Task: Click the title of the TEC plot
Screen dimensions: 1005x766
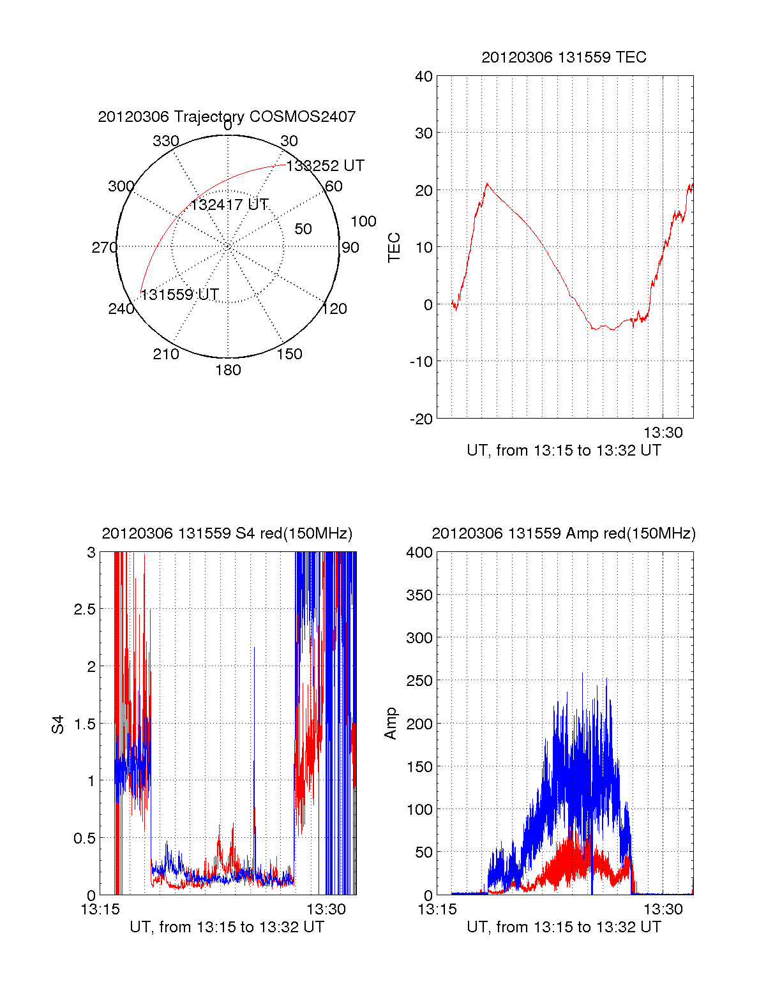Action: pos(564,57)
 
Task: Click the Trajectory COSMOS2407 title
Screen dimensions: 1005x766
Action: pos(227,117)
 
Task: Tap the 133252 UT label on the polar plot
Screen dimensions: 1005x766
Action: pos(325,166)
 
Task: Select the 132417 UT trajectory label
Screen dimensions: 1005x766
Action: pos(229,205)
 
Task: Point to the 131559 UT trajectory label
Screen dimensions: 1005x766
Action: pos(179,295)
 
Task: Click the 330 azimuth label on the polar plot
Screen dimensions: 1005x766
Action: pos(165,141)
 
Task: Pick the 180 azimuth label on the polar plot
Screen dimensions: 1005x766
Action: pos(228,370)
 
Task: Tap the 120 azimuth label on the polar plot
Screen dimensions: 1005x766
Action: pos(334,309)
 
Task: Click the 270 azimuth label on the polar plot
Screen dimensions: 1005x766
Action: pos(104,248)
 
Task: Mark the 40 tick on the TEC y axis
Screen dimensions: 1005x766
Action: pos(424,77)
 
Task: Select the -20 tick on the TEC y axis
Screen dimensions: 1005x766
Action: pos(421,419)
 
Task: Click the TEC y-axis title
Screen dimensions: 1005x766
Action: pos(394,248)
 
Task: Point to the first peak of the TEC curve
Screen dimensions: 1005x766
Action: pos(487,184)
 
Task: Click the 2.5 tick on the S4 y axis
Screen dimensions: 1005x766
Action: pos(85,609)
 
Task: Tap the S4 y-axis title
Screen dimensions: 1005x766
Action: pos(58,724)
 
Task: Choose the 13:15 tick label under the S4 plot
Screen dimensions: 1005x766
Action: pos(100,909)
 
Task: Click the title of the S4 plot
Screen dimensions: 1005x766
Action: pos(227,533)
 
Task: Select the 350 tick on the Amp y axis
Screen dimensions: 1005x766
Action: pos(419,595)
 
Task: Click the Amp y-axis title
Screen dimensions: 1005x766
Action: pos(390,724)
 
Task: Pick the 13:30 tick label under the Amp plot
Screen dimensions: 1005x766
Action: pos(663,909)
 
